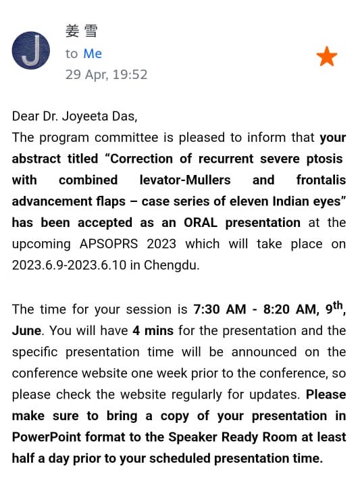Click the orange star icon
327,56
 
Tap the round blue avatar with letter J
31,51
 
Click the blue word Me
93,53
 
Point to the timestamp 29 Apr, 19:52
106,74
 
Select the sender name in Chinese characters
82,31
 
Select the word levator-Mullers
185,180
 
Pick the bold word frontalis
321,180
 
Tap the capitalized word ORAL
201,222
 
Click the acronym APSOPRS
109,244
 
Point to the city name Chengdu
172,265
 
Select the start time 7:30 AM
220,309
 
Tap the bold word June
26,330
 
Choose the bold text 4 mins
153,330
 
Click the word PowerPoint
47,437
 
